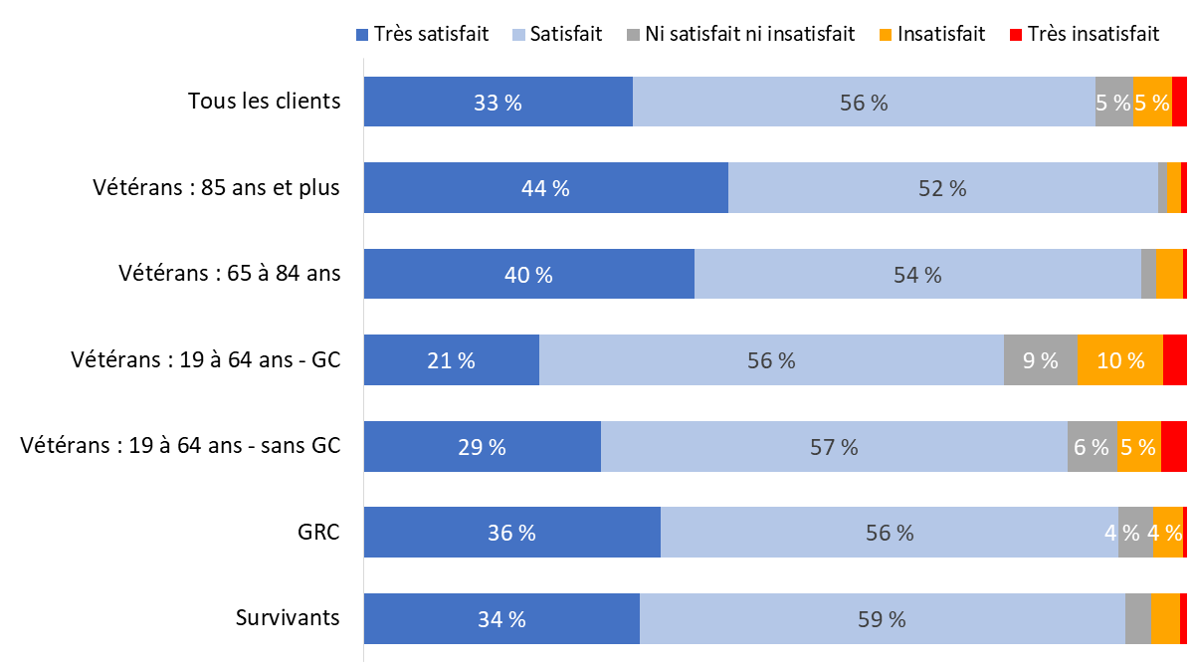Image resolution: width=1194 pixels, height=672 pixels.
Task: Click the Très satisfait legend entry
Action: (422, 34)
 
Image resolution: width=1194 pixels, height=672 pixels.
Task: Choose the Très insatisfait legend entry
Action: (1084, 34)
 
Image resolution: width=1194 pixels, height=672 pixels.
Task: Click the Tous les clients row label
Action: (265, 101)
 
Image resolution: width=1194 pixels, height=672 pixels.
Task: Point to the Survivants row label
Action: (288, 617)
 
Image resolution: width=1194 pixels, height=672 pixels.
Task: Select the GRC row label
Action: (319, 532)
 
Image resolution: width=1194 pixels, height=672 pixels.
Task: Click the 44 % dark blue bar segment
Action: (545, 188)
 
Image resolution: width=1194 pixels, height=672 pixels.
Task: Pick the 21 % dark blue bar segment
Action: (451, 360)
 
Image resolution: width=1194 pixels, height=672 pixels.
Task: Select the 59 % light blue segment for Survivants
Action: (882, 618)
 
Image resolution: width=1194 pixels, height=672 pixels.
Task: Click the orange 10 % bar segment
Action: (1120, 360)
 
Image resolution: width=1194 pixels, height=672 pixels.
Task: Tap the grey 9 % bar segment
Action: (1041, 360)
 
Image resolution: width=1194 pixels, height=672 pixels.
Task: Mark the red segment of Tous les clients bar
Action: (1179, 102)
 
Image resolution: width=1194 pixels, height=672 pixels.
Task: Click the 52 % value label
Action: (942, 188)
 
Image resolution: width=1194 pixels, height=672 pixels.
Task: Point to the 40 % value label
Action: (528, 275)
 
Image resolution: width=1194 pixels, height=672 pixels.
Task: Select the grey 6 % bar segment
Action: (1093, 446)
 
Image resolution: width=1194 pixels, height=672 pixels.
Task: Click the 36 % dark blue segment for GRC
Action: (511, 533)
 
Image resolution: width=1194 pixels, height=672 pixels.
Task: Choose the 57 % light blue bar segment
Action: (834, 446)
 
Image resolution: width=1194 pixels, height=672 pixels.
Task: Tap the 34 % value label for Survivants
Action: (501, 619)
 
